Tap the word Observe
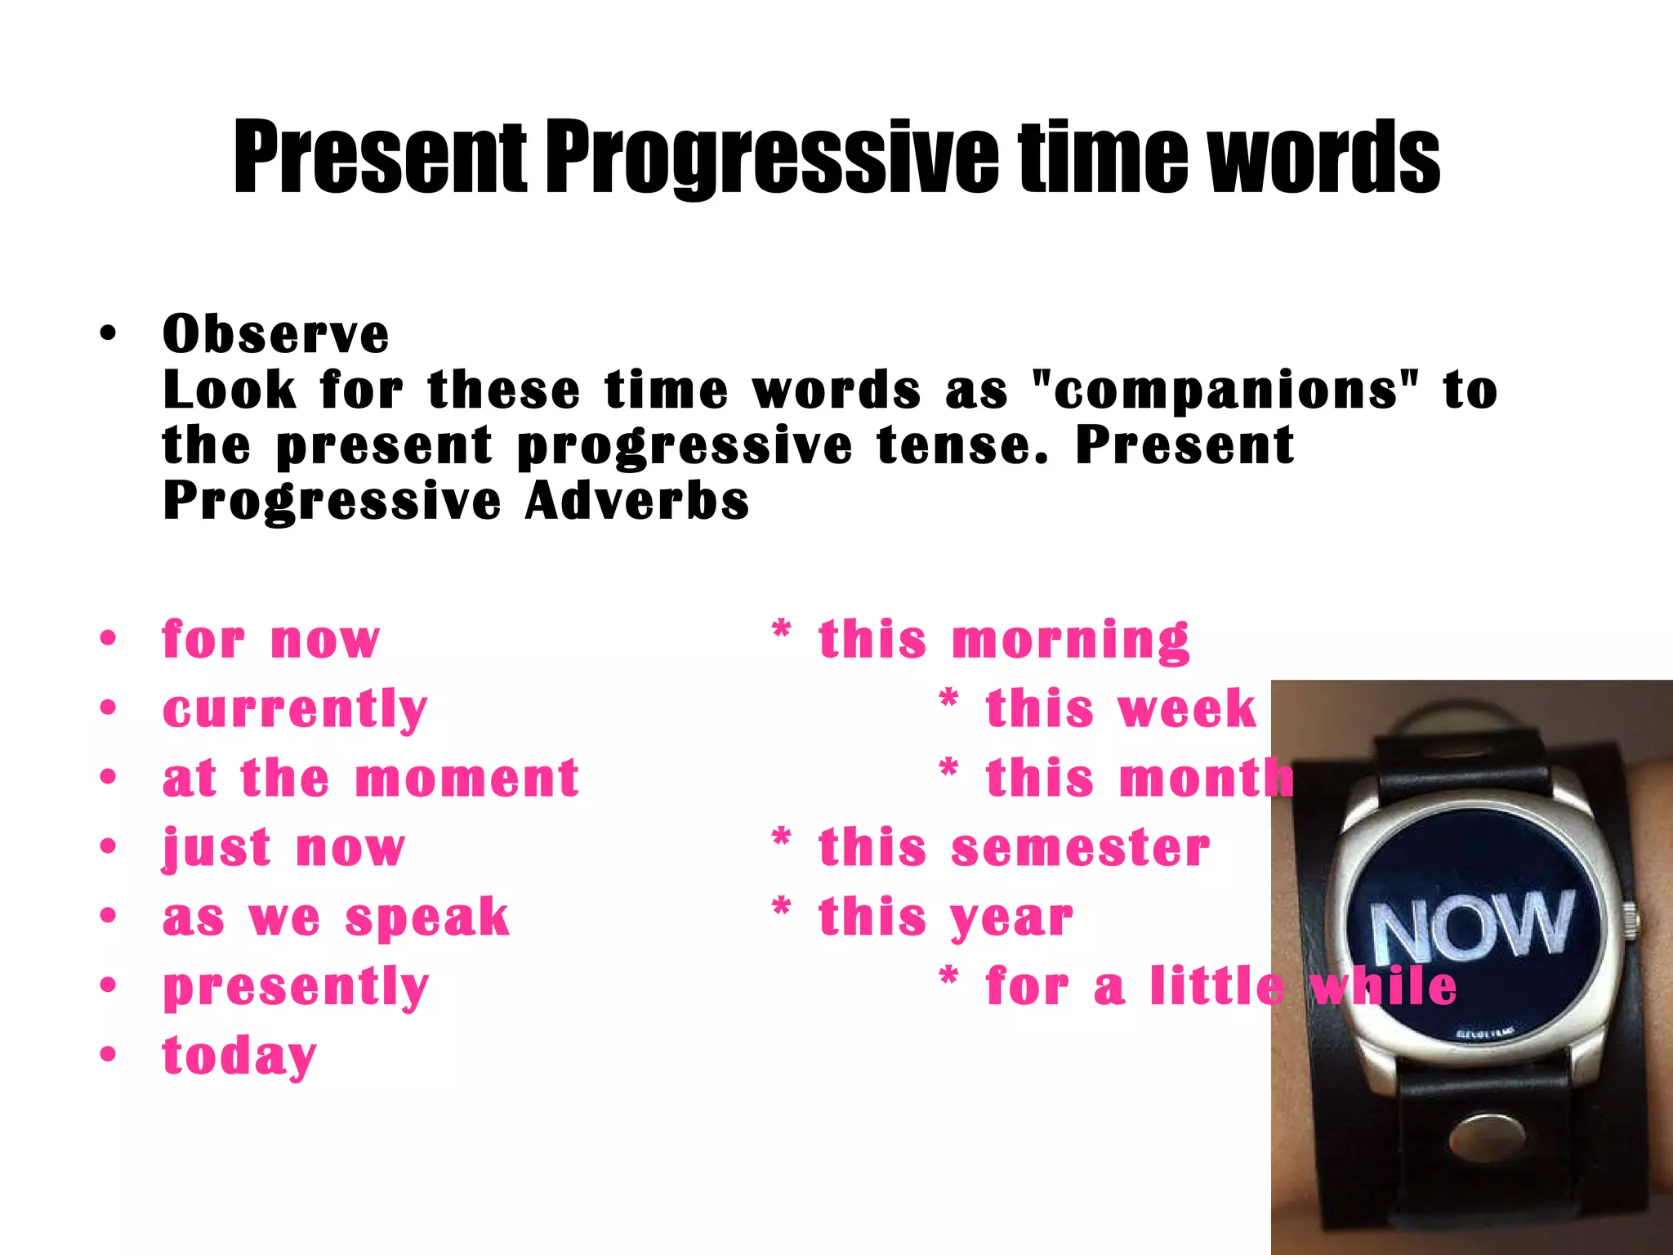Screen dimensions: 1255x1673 tap(276, 334)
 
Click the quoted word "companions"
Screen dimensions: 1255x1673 tap(1225, 390)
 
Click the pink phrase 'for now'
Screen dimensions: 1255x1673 tap(271, 639)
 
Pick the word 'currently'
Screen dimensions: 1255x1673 tap(295, 709)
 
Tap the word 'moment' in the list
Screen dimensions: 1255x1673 tap(467, 778)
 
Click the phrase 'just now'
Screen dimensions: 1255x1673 tap(283, 848)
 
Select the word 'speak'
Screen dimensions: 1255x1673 tap(427, 918)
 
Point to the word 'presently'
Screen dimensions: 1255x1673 tap(296, 987)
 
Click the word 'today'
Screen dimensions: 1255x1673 tap(239, 1056)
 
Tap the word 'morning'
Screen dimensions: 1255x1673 tap(1070, 639)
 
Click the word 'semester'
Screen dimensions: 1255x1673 tap(1080, 847)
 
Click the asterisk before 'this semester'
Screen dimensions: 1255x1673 tap(781, 838)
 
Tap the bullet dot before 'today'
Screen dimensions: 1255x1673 tap(108, 1054)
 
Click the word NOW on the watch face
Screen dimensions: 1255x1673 tap(1470, 926)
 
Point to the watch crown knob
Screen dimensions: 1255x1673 tap(1630, 918)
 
